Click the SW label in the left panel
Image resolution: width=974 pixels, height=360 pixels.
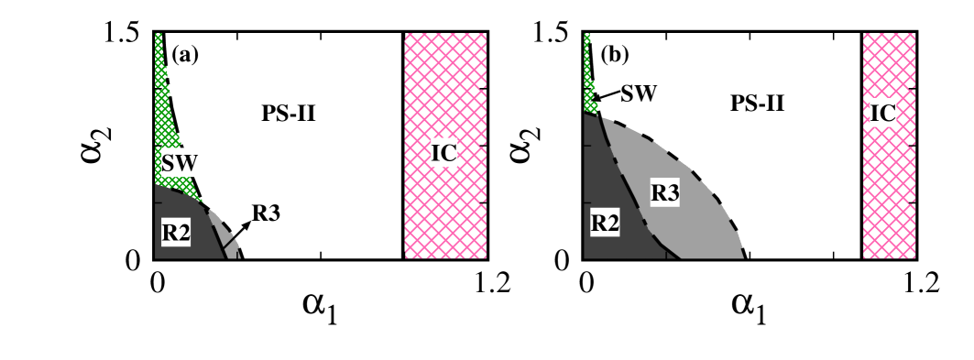pos(180,163)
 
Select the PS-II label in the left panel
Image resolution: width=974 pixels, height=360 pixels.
pos(288,113)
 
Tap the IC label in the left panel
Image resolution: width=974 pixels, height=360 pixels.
pos(444,153)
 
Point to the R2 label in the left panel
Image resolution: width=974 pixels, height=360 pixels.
pos(176,233)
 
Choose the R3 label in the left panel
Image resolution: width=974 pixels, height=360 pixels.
pos(265,213)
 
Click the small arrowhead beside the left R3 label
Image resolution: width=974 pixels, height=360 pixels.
pos(245,224)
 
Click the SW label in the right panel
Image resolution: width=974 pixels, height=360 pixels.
pos(638,92)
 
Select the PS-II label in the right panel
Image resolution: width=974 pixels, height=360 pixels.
pos(757,103)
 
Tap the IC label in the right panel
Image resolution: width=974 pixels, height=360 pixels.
pos(882,113)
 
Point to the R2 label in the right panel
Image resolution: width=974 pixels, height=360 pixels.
pos(605,222)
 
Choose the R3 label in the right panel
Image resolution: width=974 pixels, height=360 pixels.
pos(664,192)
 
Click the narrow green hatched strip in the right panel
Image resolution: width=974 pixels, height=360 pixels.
pos(587,73)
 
